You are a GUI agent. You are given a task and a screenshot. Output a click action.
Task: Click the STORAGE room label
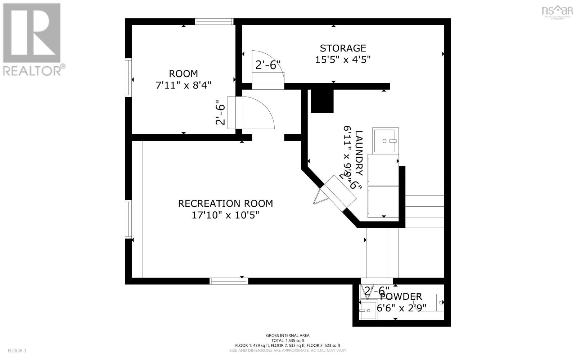click(x=343, y=48)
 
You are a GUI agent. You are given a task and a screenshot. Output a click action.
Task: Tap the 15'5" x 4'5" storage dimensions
click(x=343, y=59)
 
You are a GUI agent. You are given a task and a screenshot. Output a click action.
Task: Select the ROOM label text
click(x=183, y=74)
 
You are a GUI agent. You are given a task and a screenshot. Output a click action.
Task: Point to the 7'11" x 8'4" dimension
click(x=183, y=85)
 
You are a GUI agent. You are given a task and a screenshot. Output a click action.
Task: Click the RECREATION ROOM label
click(x=225, y=203)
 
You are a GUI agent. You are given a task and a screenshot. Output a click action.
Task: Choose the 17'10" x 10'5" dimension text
click(x=225, y=215)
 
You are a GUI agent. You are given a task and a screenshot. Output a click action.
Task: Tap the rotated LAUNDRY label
click(x=359, y=153)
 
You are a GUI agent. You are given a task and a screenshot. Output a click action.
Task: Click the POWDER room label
click(x=401, y=297)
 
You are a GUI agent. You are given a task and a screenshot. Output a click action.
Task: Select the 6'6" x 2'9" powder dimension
click(x=402, y=308)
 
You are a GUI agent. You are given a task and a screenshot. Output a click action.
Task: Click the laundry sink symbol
click(x=385, y=140)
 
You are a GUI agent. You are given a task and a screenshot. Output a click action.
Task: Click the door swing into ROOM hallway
click(x=257, y=113)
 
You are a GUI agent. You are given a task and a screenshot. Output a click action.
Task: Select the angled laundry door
click(x=338, y=194)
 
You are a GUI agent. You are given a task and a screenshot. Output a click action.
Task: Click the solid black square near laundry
click(x=322, y=101)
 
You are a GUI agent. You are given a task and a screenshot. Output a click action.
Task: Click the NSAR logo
click(x=557, y=11)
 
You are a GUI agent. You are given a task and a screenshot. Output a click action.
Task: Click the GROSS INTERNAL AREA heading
click(x=288, y=336)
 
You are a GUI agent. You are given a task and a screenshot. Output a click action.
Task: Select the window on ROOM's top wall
click(x=214, y=22)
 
